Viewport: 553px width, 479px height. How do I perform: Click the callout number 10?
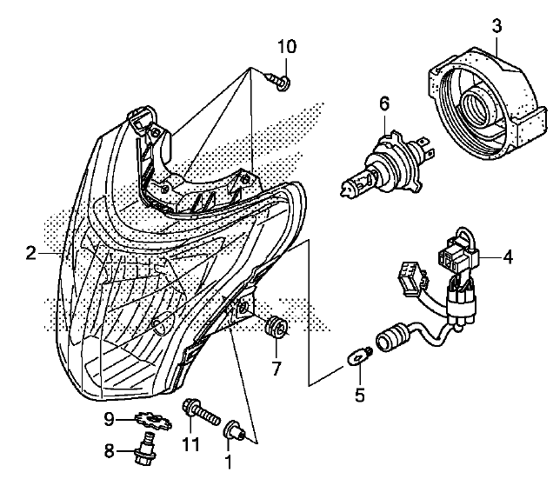coord(287,44)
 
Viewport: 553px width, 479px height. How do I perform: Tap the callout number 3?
coord(496,26)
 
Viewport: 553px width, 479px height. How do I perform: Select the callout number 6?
coord(383,104)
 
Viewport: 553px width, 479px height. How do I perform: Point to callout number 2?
coord(30,253)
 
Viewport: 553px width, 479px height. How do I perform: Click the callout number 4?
coord(509,256)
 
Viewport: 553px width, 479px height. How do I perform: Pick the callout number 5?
coord(359,396)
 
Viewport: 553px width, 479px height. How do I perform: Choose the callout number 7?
coord(276,368)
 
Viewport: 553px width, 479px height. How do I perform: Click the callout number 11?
coord(191,444)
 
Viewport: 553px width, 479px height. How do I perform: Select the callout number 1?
coord(228,457)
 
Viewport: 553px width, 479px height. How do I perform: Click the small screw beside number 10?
coord(280,83)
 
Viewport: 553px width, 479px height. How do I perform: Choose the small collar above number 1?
coord(233,429)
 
